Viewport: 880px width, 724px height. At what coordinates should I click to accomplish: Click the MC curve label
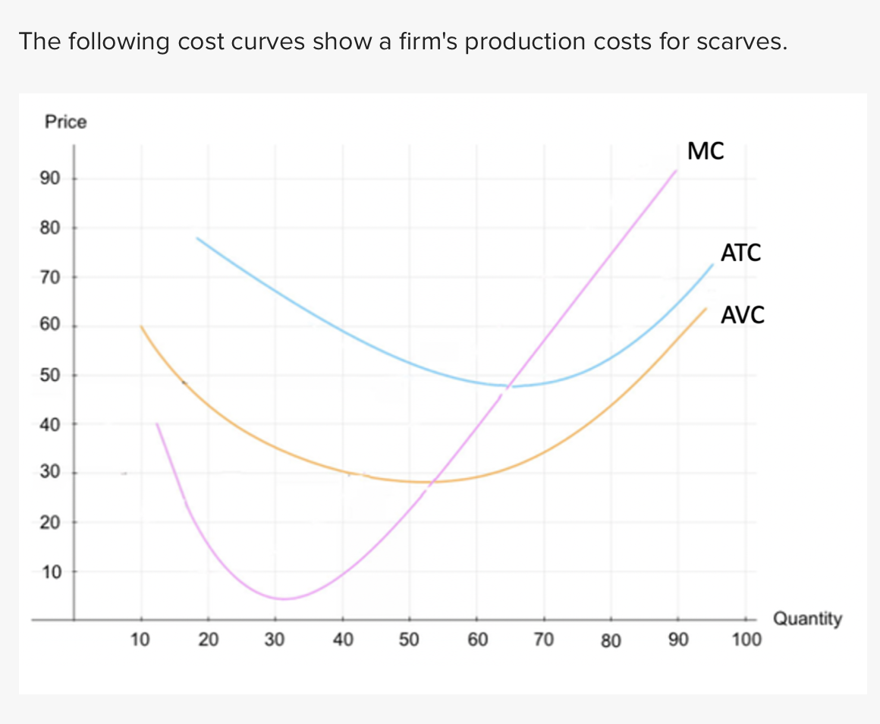pos(706,151)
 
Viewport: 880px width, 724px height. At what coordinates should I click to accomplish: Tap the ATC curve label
pos(740,253)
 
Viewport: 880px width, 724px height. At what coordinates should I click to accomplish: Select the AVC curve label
pos(743,314)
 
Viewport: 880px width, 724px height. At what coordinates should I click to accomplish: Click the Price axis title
pos(66,121)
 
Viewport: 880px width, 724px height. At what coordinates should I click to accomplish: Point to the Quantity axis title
pos(807,619)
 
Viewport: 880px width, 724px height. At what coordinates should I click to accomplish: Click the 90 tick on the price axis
pos(50,179)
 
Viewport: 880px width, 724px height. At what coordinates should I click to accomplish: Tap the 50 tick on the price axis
pos(50,375)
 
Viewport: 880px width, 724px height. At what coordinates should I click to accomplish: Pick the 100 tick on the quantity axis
pos(746,641)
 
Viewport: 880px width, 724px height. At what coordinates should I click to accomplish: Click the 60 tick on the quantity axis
pos(476,641)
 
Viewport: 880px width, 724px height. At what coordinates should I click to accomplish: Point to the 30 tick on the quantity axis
pos(275,641)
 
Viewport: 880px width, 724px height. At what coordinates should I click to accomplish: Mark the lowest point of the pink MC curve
pos(282,599)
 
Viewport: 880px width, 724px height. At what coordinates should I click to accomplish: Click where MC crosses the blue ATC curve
pos(511,386)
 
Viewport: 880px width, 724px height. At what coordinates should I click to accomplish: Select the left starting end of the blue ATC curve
pos(196,238)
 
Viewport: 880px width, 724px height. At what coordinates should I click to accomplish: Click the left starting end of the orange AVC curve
pos(141,326)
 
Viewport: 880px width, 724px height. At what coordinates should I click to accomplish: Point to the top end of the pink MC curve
pos(676,170)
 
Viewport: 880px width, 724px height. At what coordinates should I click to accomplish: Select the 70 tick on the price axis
pos(50,277)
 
